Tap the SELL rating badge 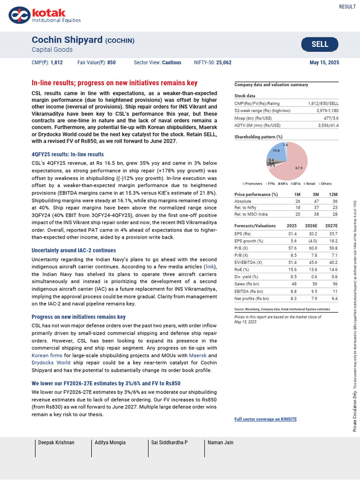click(320, 45)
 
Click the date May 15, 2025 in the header click(324, 62)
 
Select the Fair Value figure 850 click(111, 62)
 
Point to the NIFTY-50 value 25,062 click(224, 62)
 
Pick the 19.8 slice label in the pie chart click(276, 151)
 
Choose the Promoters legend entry click(254, 183)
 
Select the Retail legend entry click(310, 183)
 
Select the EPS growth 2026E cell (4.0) click(311, 241)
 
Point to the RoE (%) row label click(243, 270)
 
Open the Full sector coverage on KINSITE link click(265, 419)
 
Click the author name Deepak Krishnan click(56, 442)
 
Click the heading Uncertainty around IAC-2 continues click(74, 250)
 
